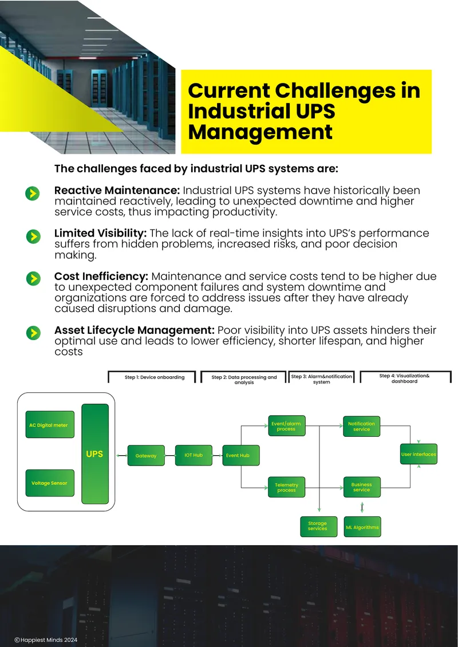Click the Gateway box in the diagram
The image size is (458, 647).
(146, 456)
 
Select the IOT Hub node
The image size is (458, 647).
(194, 455)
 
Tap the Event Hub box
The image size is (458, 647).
(241, 455)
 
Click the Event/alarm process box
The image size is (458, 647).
(287, 426)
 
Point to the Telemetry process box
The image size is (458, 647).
(287, 487)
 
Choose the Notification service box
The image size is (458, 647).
(362, 426)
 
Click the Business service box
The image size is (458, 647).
(362, 487)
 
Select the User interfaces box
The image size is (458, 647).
(419, 454)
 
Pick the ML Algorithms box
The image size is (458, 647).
(362, 527)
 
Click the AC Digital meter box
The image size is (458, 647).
(50, 425)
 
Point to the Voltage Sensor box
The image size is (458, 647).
(50, 483)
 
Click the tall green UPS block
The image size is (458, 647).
(95, 454)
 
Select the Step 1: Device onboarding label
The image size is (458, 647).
(155, 377)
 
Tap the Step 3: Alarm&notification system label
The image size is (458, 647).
(321, 379)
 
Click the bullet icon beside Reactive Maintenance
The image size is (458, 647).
(33, 193)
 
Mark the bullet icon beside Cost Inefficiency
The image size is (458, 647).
(33, 278)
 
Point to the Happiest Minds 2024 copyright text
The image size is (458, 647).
(46, 640)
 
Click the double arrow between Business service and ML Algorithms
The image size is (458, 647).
(362, 507)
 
